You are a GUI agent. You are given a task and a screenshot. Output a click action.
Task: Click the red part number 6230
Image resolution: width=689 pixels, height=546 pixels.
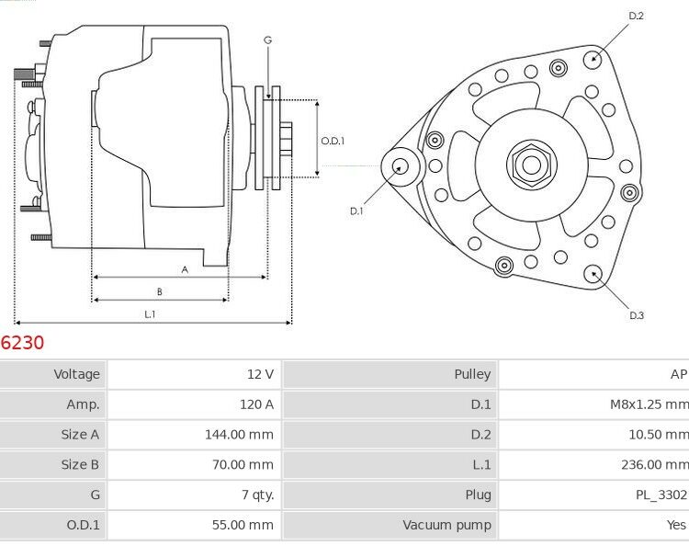tap(22, 343)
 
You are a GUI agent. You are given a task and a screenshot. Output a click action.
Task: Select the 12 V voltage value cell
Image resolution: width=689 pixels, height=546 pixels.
tap(261, 374)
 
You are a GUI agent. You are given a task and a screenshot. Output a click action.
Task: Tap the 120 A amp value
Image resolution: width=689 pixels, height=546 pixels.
tap(256, 404)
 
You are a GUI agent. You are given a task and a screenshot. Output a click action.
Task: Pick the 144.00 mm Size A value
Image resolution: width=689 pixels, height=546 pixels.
tap(239, 435)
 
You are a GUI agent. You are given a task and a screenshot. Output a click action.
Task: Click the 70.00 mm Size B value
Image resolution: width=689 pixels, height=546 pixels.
tap(243, 464)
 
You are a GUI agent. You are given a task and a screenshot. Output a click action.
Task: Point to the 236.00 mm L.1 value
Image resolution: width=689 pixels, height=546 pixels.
tap(653, 464)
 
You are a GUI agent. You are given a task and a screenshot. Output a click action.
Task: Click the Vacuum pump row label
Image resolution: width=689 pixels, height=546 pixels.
tap(446, 525)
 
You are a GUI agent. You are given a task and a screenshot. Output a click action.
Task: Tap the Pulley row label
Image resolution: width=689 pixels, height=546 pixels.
tap(472, 374)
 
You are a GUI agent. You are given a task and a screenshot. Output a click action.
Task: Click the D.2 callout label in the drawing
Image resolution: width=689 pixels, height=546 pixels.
tap(636, 16)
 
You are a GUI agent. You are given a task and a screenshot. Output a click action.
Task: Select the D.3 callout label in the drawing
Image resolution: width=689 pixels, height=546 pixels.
tap(636, 315)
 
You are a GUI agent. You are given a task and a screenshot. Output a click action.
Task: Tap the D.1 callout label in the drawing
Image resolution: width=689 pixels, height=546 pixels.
tap(356, 210)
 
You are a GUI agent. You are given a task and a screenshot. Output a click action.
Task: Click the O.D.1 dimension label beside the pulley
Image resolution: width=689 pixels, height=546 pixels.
tap(333, 141)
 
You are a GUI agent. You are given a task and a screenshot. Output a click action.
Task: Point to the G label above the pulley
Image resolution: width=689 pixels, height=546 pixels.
tap(267, 40)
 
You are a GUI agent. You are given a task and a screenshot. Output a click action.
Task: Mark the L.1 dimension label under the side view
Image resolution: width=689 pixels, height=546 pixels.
tap(151, 314)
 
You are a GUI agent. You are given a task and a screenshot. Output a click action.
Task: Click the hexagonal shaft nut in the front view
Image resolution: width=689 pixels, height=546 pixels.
tap(530, 165)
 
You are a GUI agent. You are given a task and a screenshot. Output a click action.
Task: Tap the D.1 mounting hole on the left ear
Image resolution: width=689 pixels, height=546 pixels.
tap(400, 166)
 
